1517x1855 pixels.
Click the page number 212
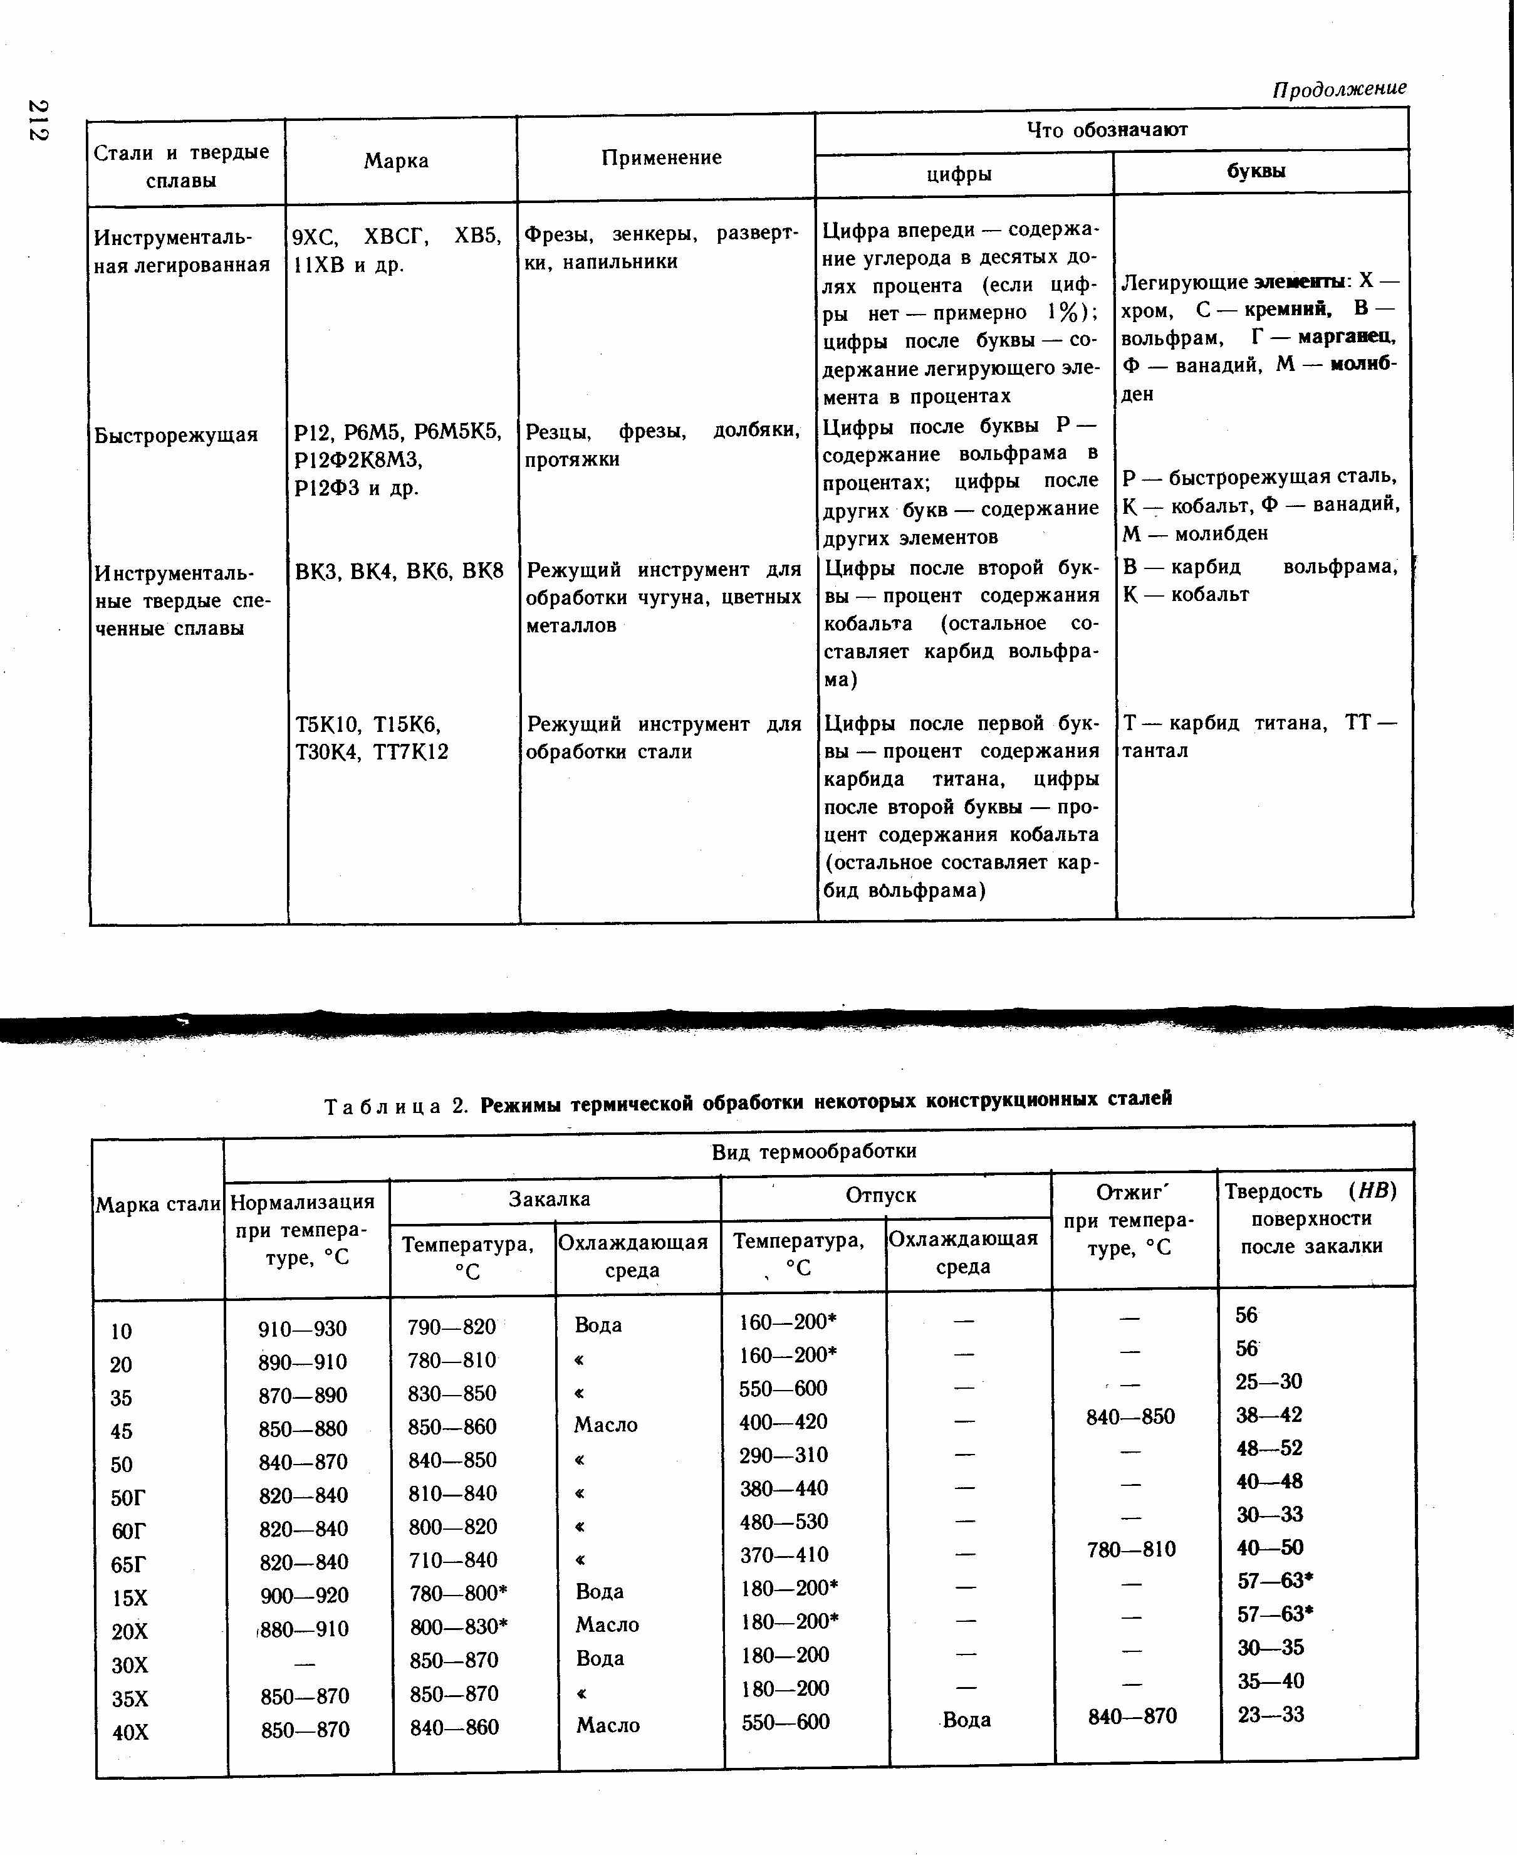[38, 120]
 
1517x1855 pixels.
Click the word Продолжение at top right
[1339, 88]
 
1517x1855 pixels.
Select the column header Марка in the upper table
[396, 161]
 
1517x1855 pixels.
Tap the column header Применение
[662, 157]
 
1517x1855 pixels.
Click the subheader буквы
[1256, 171]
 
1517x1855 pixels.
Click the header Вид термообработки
[813, 1151]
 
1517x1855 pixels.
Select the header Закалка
[549, 1199]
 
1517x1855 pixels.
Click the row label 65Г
[128, 1564]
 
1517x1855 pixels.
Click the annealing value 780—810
[1131, 1549]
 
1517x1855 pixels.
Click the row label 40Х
[130, 1731]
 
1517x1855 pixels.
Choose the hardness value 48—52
[1269, 1448]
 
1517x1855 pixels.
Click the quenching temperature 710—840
[452, 1560]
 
